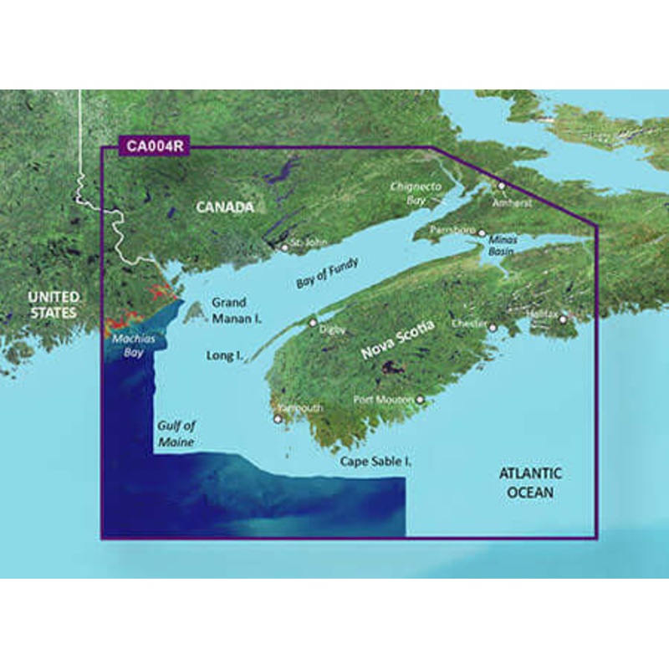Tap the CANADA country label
point(222,207)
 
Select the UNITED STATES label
point(53,305)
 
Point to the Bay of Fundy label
point(327,273)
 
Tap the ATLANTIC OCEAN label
point(530,483)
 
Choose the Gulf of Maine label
point(175,433)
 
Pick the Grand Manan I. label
point(237,309)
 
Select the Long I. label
point(224,355)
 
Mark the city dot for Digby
point(314,322)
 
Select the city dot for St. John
point(284,248)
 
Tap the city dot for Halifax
point(564,319)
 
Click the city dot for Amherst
point(502,186)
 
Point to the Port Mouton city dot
point(420,400)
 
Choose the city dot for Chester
point(493,327)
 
